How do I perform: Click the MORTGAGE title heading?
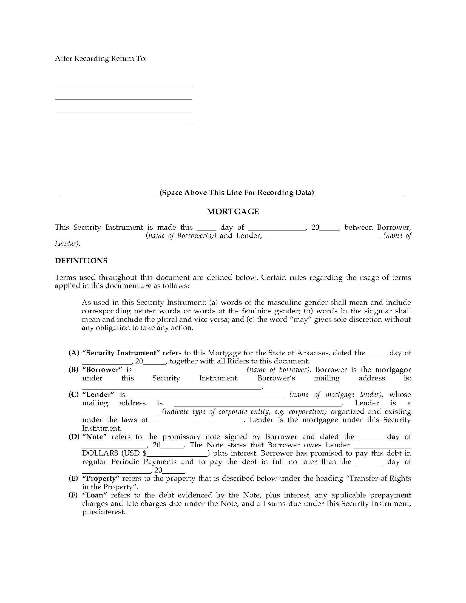pyautogui.click(x=233, y=212)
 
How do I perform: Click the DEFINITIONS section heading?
pyautogui.click(x=81, y=261)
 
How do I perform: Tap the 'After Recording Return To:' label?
pyautogui.click(x=101, y=59)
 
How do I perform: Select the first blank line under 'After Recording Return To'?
pyautogui.click(x=123, y=86)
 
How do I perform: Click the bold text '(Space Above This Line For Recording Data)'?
pyautogui.click(x=237, y=192)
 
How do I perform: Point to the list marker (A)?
pyautogui.click(x=74, y=353)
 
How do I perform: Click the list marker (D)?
pyautogui.click(x=74, y=437)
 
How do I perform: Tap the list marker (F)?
pyautogui.click(x=73, y=495)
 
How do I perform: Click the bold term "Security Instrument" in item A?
pyautogui.click(x=121, y=353)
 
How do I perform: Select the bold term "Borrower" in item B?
pyautogui.click(x=102, y=369)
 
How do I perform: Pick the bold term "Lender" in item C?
pyautogui.click(x=98, y=394)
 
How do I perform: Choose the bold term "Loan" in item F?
pyautogui.click(x=94, y=495)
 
